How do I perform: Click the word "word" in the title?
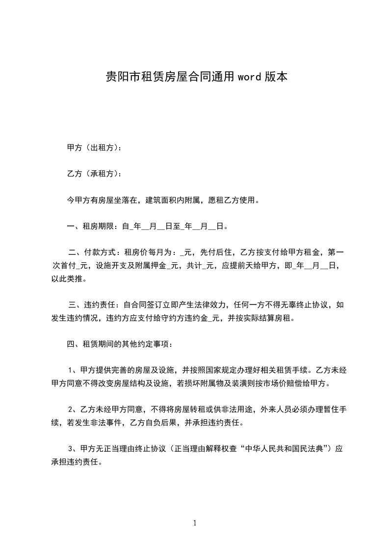249,77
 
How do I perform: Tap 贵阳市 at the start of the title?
120,77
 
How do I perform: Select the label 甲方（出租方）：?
94,147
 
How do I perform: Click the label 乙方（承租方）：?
94,173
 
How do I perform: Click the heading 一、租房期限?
90,226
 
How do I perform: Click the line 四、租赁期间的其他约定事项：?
119,344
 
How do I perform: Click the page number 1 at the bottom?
195,523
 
